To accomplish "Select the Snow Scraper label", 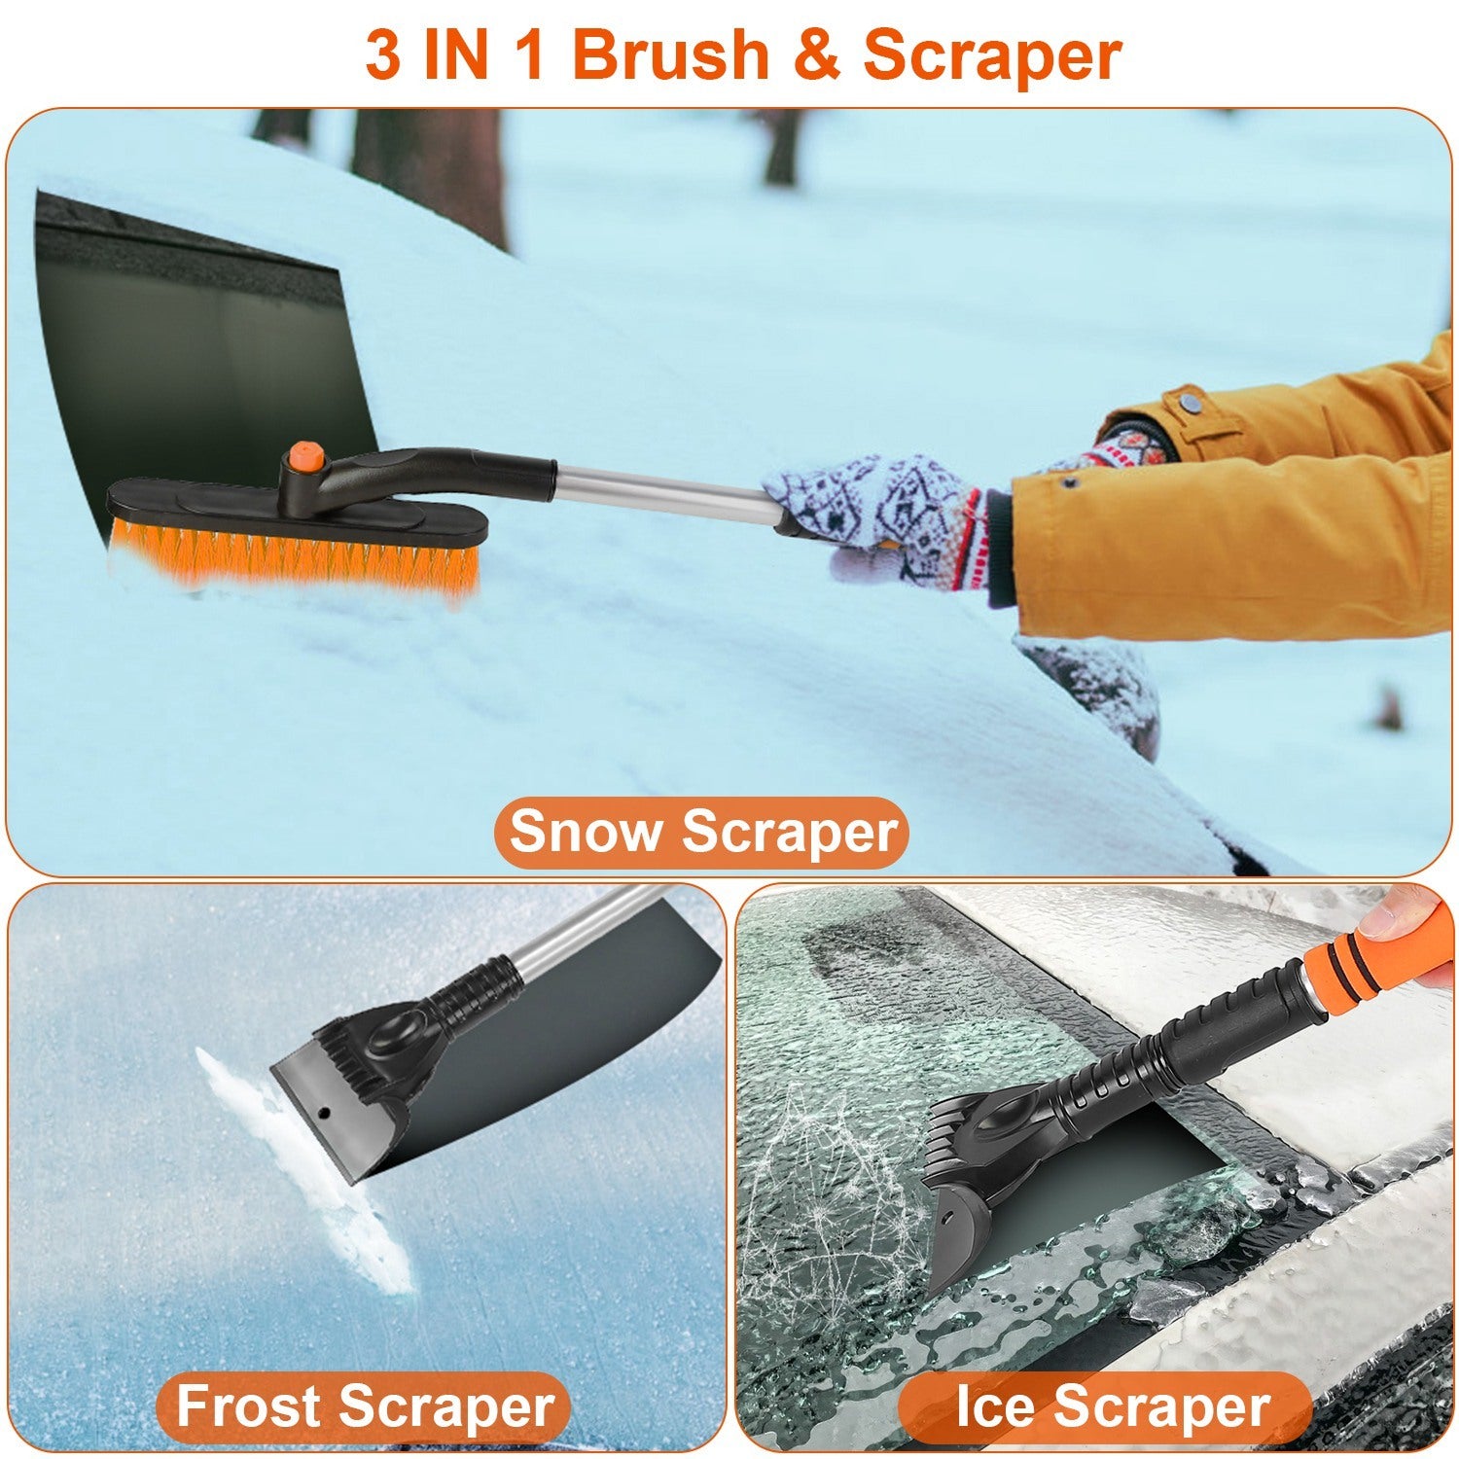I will click(x=701, y=833).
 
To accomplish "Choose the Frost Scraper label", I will click(x=365, y=1406).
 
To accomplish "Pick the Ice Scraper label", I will click(x=1112, y=1406).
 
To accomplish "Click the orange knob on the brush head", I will click(x=302, y=455).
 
